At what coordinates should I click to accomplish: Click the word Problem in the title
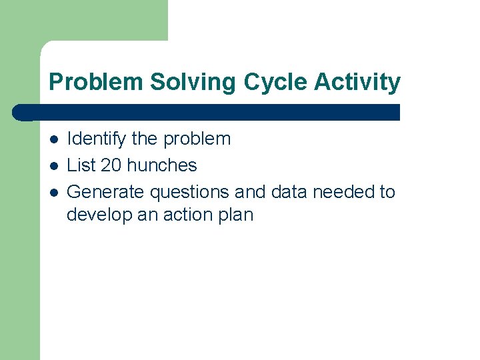click(x=97, y=82)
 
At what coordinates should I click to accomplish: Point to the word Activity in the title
click(x=357, y=82)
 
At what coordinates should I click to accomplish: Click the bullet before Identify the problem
click(x=53, y=139)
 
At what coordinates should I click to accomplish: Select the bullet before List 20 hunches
click(x=53, y=165)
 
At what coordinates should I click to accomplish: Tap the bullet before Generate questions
click(x=53, y=192)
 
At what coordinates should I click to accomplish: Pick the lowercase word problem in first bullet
click(x=197, y=139)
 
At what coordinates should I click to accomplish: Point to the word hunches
click(x=162, y=165)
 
